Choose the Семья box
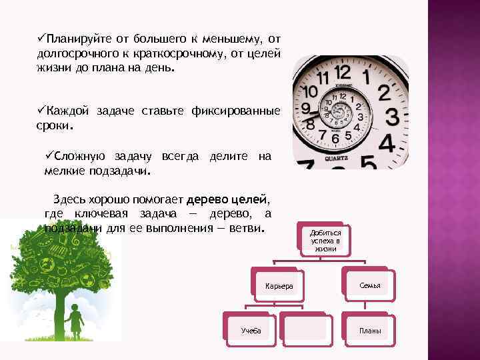point(369,285)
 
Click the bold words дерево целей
point(227,199)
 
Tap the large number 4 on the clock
point(387,143)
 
